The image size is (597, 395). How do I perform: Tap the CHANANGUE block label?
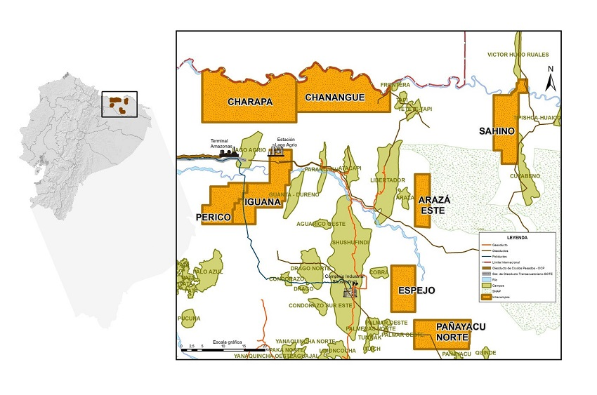coord(335,98)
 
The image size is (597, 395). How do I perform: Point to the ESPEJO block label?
coord(416,290)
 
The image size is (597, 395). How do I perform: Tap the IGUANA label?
coord(263,203)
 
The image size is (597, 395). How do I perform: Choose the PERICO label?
coord(214,218)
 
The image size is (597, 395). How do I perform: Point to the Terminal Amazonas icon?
coord(228,151)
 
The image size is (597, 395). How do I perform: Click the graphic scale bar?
coord(223,349)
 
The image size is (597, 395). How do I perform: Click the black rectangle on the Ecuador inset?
coord(119,104)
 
